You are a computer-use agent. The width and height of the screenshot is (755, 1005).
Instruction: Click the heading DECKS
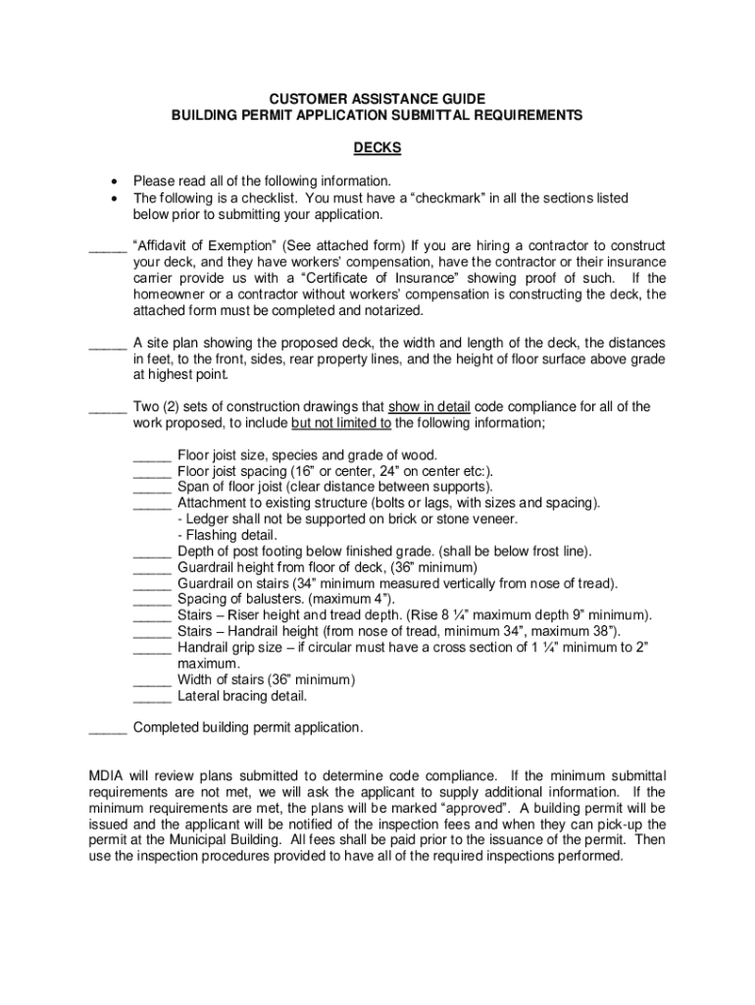pos(377,148)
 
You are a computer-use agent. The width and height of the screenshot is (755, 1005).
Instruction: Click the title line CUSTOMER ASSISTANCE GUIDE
pos(377,99)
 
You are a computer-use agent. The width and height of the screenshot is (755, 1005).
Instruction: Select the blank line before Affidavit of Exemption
pos(107,246)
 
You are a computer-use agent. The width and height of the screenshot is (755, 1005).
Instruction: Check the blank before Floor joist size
pos(152,455)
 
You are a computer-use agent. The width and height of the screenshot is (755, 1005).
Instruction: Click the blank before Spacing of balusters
pos(152,600)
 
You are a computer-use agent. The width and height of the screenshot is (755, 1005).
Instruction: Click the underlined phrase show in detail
pos(429,407)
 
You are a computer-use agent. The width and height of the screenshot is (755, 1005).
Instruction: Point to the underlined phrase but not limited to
pos(341,423)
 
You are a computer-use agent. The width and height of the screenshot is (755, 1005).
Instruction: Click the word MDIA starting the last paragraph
pos(107,776)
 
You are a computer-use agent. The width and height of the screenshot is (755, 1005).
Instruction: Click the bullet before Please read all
pos(116,182)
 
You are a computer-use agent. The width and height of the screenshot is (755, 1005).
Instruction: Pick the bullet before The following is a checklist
pos(116,198)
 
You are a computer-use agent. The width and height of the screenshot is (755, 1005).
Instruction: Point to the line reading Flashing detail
pos(227,536)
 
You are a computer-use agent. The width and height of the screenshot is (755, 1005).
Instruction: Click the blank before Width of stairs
pos(152,680)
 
